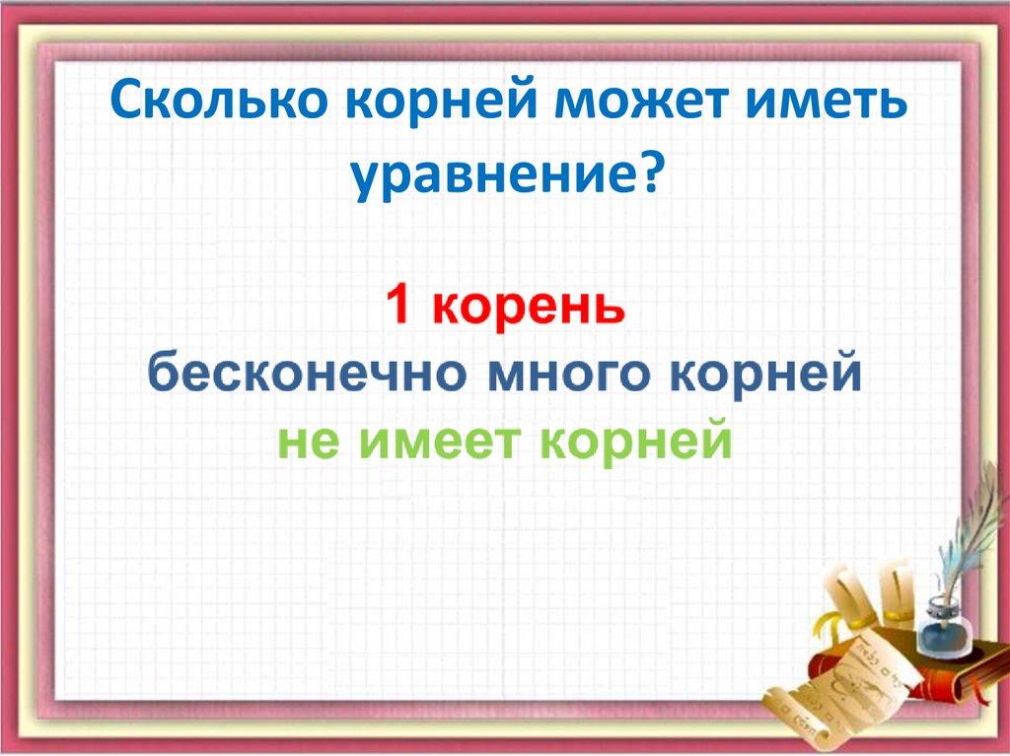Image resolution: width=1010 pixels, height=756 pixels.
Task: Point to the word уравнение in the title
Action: pyautogui.click(x=492, y=175)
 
